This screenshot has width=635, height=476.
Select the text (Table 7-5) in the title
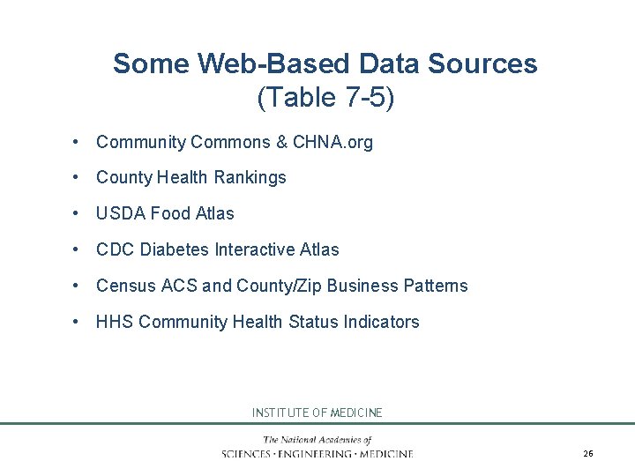point(325,98)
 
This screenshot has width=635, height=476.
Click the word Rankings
point(252,177)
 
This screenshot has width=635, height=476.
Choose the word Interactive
point(256,249)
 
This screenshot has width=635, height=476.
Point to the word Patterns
point(435,286)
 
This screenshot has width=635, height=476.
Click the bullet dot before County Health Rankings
point(78,177)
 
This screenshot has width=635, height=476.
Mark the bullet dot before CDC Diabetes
point(78,249)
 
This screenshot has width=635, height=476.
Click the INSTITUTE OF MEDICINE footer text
point(317,413)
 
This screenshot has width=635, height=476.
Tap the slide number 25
point(588,454)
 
